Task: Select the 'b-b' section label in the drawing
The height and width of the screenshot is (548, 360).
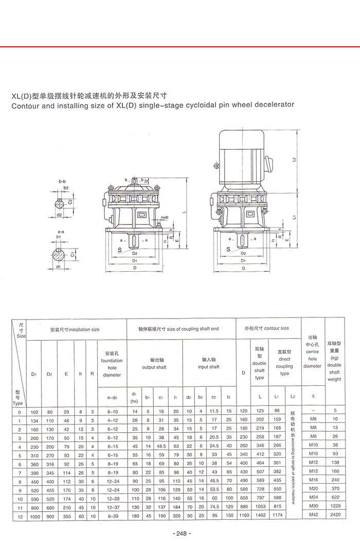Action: pos(62,182)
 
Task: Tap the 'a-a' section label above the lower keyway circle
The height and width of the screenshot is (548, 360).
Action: pos(61,232)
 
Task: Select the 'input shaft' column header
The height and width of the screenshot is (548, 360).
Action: pos(208,367)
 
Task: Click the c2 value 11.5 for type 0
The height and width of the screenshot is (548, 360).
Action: pos(214,412)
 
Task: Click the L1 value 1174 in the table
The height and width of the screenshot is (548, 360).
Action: pos(277,515)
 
